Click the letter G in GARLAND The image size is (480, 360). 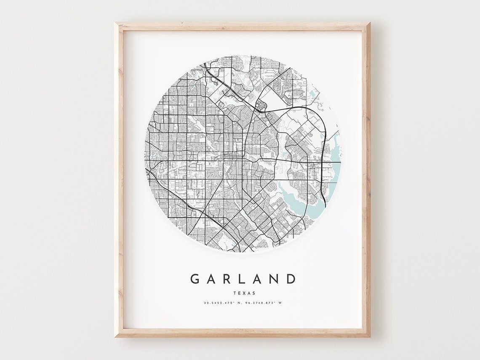(x=195, y=279)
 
